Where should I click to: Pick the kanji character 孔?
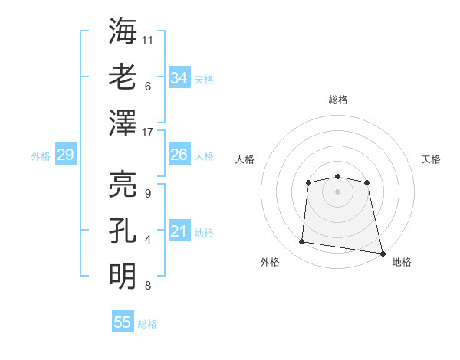[123, 230]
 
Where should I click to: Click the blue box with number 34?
[179, 78]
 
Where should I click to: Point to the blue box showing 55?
[123, 322]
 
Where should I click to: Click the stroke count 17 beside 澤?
[149, 133]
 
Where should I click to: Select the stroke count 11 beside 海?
[149, 38]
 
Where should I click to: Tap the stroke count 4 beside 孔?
[148, 240]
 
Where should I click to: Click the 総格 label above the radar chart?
[338, 100]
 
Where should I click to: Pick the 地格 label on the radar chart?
[402, 262]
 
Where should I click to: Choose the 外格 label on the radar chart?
[270, 262]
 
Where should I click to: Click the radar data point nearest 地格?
[381, 252]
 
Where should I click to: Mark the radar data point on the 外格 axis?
[302, 242]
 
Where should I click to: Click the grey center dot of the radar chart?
[337, 191]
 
